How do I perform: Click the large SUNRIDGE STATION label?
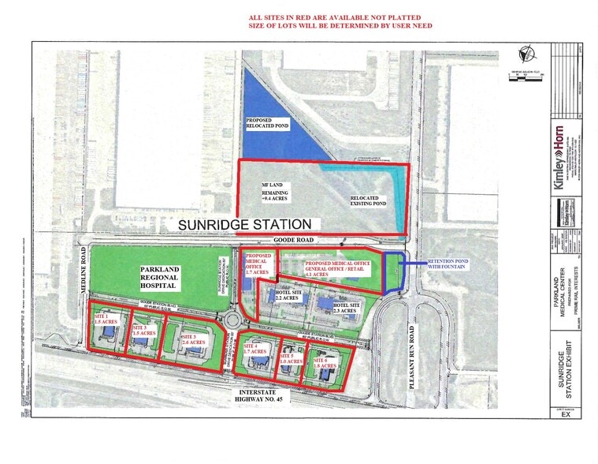pyautogui.click(x=245, y=224)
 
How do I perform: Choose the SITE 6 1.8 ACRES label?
pyautogui.click(x=325, y=362)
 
